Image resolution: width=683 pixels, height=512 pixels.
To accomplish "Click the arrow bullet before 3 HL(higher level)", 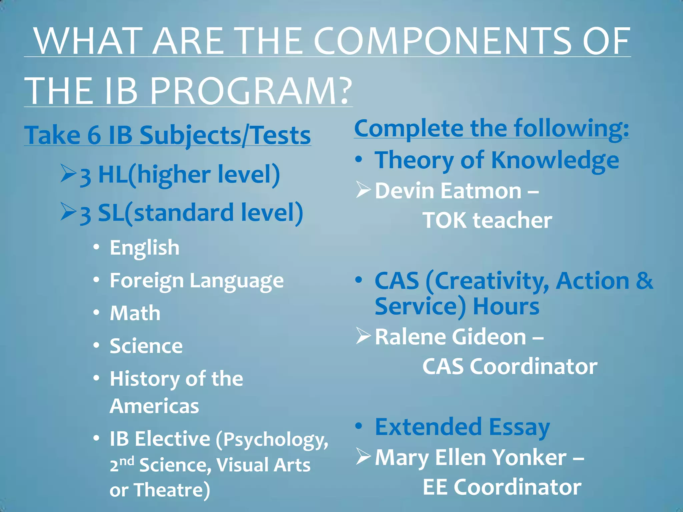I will pyautogui.click(x=68, y=174).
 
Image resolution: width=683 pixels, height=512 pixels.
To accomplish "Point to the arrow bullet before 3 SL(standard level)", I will pyautogui.click(x=68, y=212).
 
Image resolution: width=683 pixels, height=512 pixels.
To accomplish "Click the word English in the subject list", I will pyautogui.click(x=144, y=248).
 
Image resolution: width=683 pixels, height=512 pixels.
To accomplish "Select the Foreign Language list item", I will pyautogui.click(x=196, y=280).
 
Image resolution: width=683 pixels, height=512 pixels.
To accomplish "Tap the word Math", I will pyautogui.click(x=135, y=313).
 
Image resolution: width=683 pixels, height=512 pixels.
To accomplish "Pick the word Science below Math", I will pyautogui.click(x=146, y=346).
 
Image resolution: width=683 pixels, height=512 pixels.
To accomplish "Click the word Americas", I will pyautogui.click(x=154, y=406).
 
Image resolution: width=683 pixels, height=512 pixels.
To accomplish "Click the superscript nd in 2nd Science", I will pyautogui.click(x=127, y=461).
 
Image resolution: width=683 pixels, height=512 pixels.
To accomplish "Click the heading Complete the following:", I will pyautogui.click(x=492, y=128).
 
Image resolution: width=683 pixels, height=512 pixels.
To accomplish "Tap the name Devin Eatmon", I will pyautogui.click(x=448, y=191).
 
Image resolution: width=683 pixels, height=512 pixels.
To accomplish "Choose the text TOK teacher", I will pyautogui.click(x=487, y=220).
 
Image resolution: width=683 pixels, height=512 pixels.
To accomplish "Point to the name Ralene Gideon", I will pyautogui.click(x=450, y=337).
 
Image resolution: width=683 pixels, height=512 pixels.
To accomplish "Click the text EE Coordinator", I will pyautogui.click(x=502, y=487).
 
